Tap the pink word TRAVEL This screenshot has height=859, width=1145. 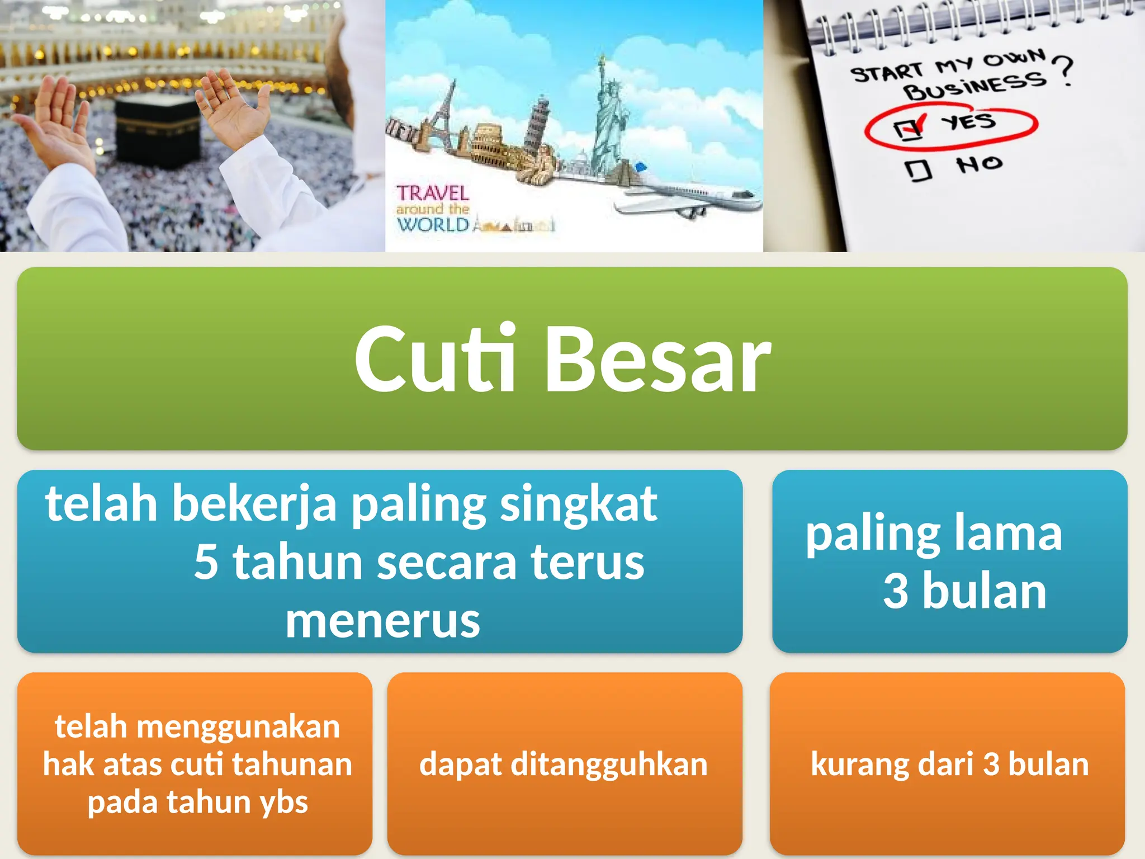point(433,193)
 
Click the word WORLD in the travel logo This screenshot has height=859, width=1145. point(433,225)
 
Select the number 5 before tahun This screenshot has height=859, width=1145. point(206,562)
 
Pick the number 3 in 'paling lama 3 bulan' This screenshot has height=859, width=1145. point(895,591)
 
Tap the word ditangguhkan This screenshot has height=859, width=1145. point(609,764)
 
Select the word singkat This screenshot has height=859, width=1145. point(578,504)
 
